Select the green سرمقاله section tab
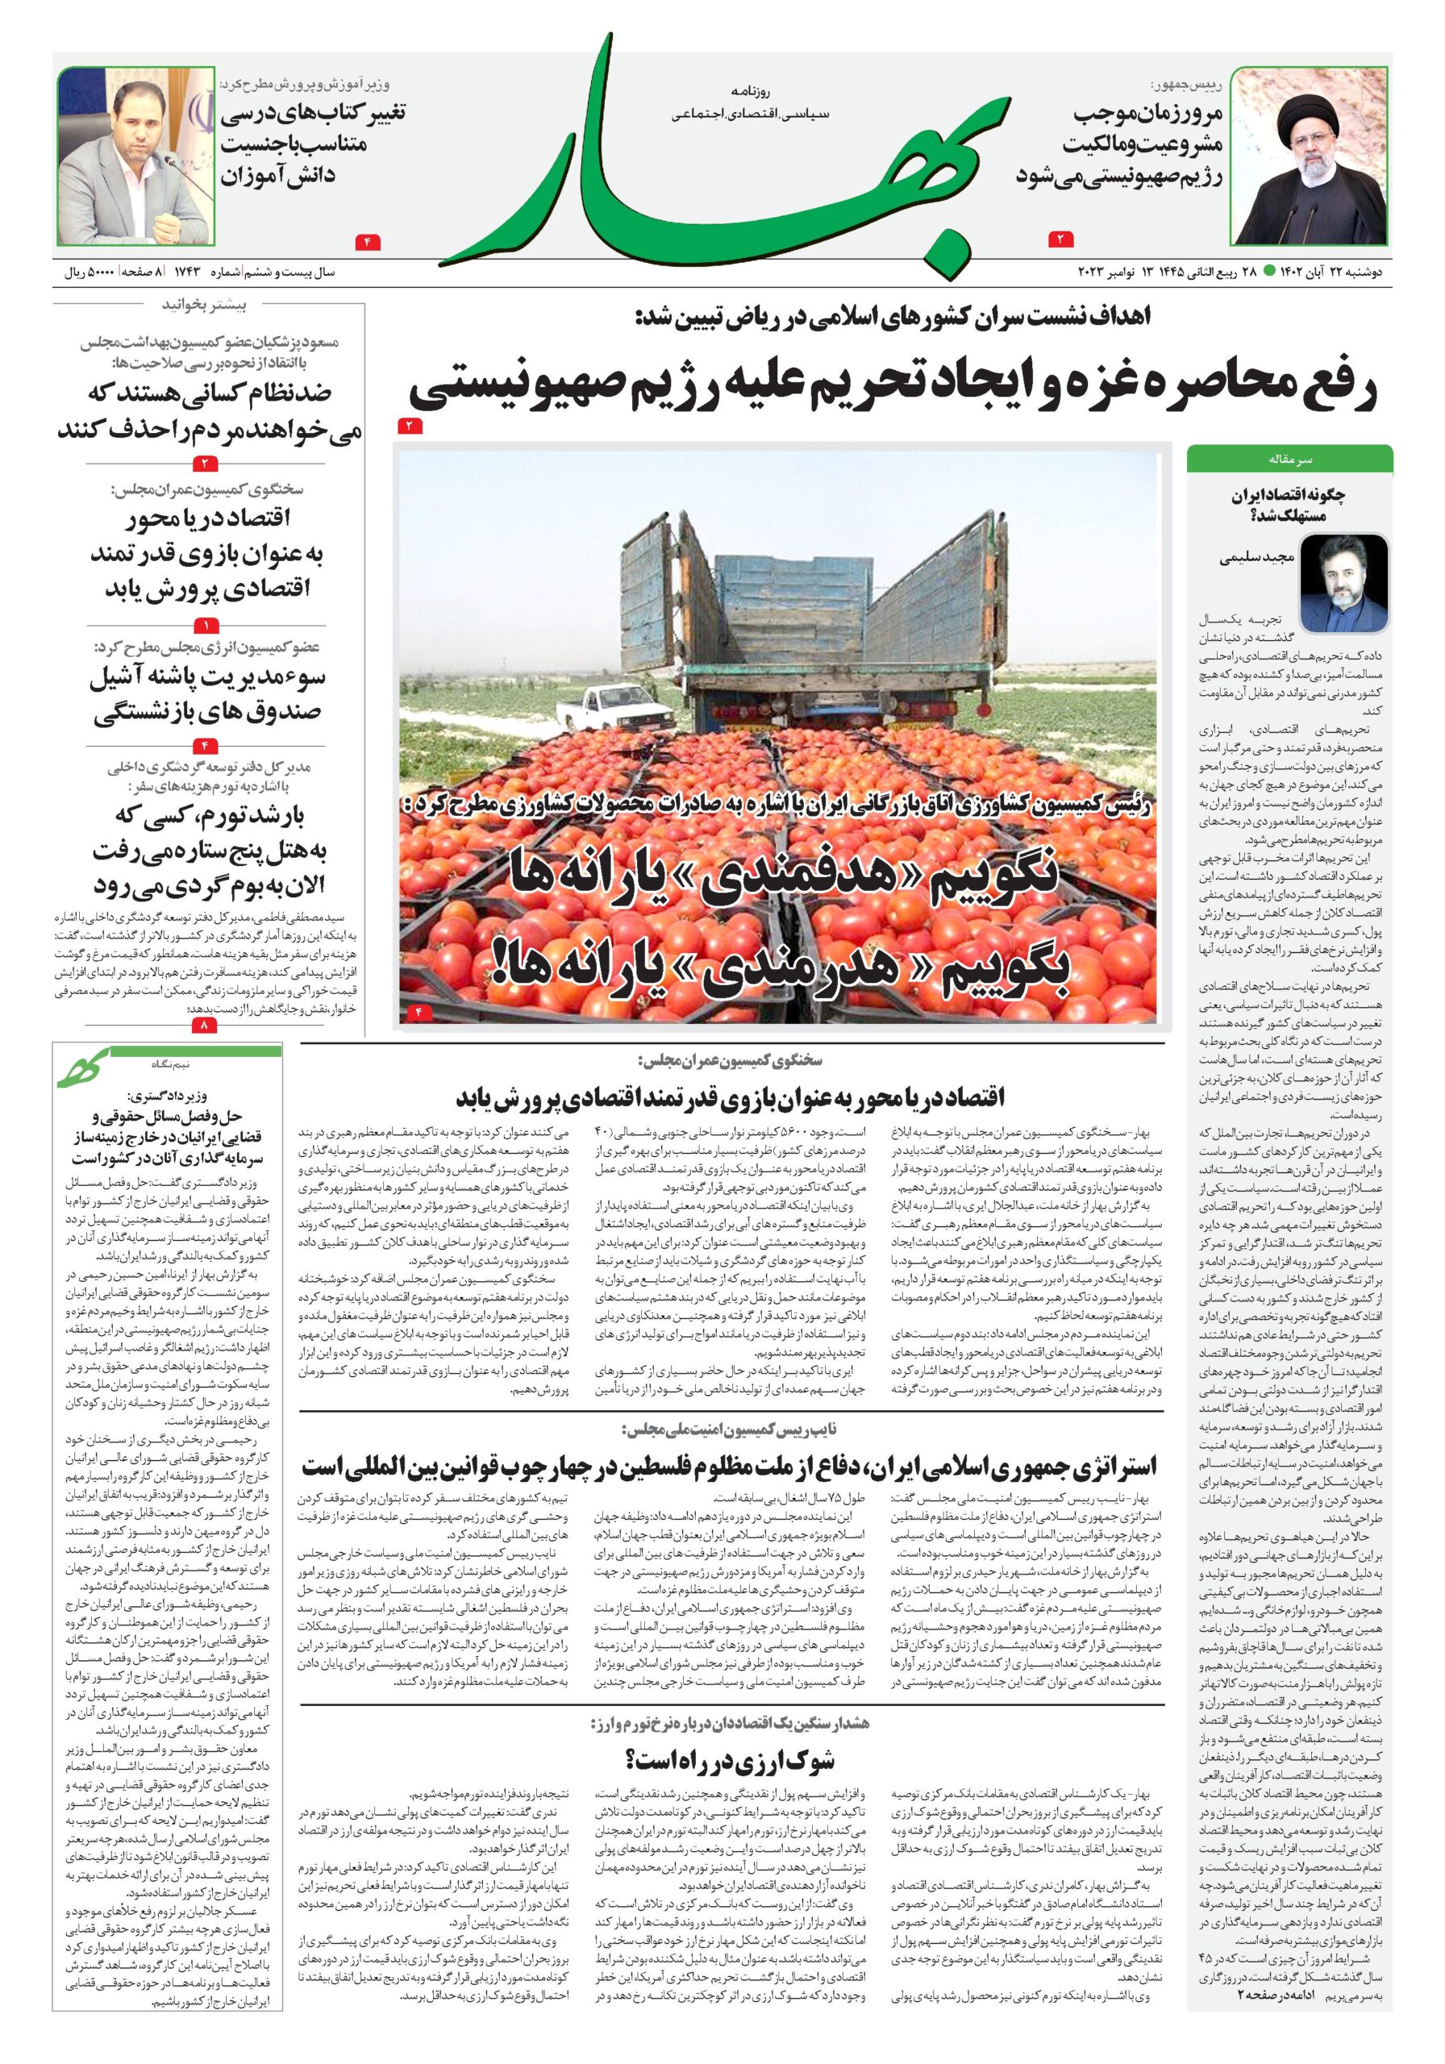coord(1289,460)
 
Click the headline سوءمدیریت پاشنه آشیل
coord(208,677)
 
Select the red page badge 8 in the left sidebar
coord(205,1024)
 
